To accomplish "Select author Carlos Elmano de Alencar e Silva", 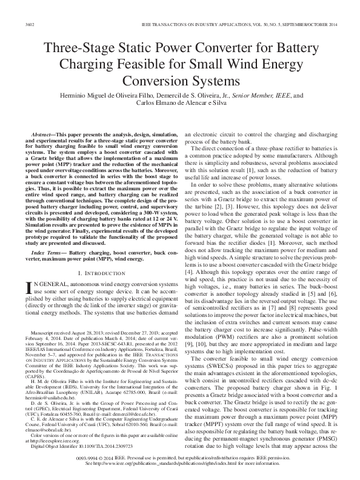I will point(180,104).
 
